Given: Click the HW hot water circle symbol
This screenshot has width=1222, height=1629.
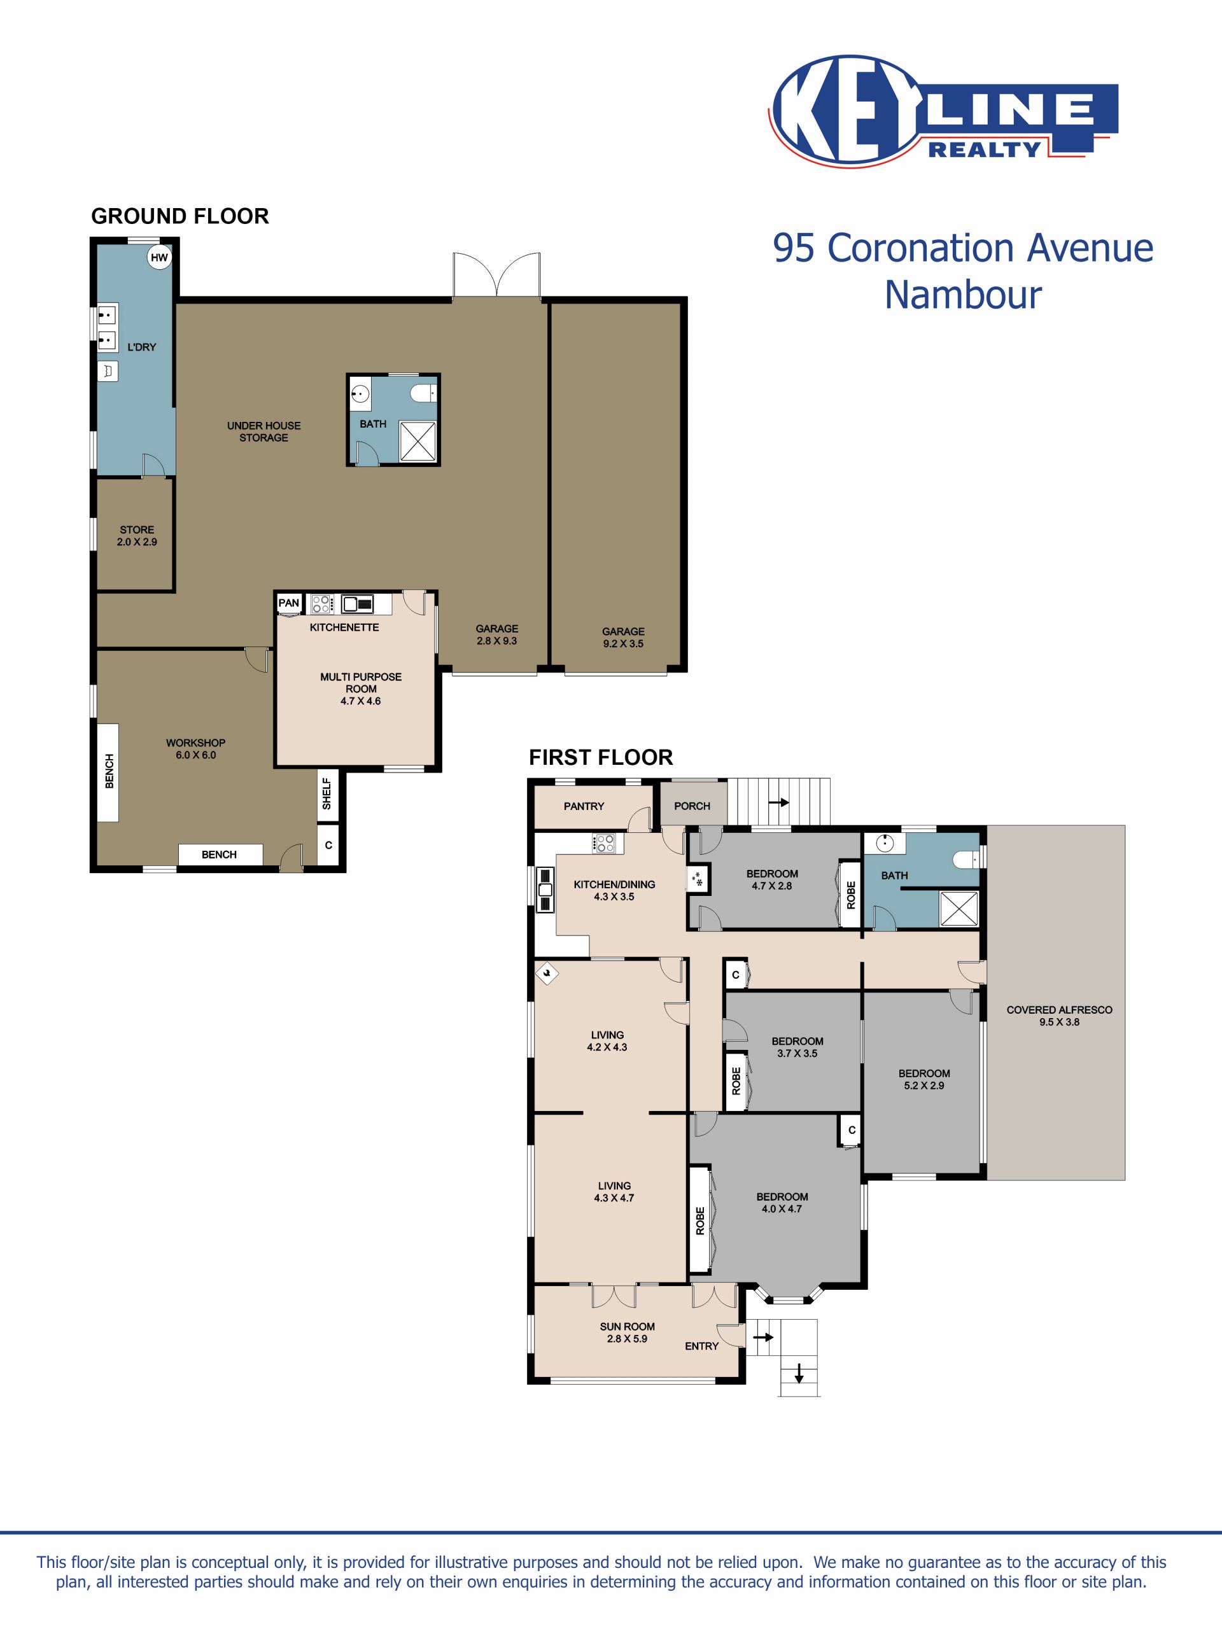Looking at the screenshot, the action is coord(159,258).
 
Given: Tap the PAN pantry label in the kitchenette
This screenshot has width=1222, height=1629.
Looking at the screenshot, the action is coord(289,603).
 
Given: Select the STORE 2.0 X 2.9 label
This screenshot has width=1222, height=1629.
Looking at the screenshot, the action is coord(137,535).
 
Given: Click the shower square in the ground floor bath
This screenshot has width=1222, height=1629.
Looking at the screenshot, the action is coord(418,441).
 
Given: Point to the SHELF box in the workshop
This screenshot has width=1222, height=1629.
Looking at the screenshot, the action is coord(327,794).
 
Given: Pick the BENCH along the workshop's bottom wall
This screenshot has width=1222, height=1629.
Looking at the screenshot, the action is coord(220,854).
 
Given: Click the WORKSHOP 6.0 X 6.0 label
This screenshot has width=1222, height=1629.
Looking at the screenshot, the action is coord(196,749).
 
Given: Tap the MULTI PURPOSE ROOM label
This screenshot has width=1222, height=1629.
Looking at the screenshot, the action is coord(361,683).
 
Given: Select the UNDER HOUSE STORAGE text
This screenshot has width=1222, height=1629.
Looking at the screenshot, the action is coord(263,431).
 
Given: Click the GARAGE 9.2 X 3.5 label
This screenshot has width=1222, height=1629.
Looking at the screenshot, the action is coord(623,637).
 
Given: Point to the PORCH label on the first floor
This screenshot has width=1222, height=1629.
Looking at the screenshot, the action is coord(692,806).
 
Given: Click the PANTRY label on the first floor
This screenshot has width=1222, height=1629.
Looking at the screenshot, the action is coord(584,806).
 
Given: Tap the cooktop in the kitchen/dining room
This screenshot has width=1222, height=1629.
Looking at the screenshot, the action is coord(604,843).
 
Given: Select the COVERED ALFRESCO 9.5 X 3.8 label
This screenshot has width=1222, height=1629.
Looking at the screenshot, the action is coord(1059,1016).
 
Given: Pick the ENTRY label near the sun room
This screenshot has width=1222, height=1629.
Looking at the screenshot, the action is coord(702,1345).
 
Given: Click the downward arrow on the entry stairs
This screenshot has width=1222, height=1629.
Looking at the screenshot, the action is coord(799,1374).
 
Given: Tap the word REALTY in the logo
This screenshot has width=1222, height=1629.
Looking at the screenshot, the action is coord(984,150).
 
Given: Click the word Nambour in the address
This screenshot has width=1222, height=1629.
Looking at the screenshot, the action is coord(963,295).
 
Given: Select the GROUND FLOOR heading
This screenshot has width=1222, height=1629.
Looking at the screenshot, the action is coord(179,216).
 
